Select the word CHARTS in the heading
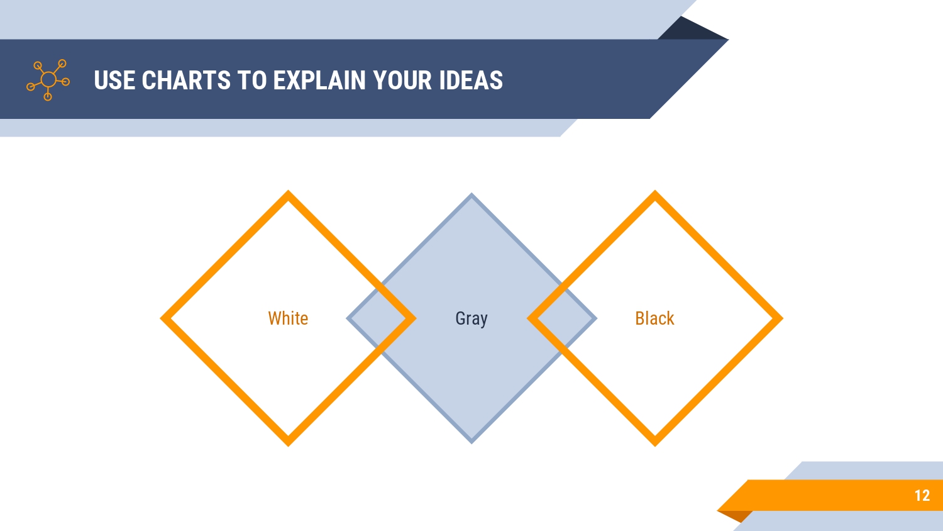coord(186,80)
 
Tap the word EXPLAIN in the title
coord(319,80)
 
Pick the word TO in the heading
coord(251,80)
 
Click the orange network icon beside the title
coord(48,80)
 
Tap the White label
coord(288,318)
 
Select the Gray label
coord(472,319)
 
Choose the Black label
coord(654,318)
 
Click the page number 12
coord(922,496)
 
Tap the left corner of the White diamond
coord(161,318)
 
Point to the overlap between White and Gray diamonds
coord(381,318)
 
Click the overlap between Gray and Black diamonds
coord(562,318)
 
